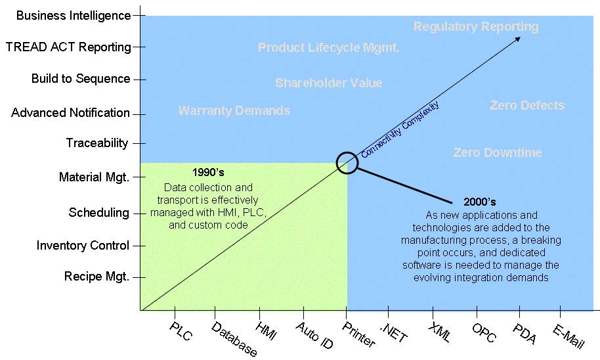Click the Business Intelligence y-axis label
[74, 16]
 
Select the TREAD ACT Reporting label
[68, 47]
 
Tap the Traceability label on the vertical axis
[97, 143]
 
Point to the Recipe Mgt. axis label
[96, 277]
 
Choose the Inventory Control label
[83, 246]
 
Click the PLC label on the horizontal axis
[181, 331]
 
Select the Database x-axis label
[234, 338]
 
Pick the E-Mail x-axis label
[568, 336]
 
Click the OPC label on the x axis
[484, 332]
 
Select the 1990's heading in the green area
[208, 172]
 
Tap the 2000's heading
[479, 202]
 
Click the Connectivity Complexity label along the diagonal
[400, 129]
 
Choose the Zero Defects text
[527, 105]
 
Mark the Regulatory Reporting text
[476, 26]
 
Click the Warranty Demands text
[234, 110]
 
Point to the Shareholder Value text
[329, 83]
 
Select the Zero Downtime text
[498, 152]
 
